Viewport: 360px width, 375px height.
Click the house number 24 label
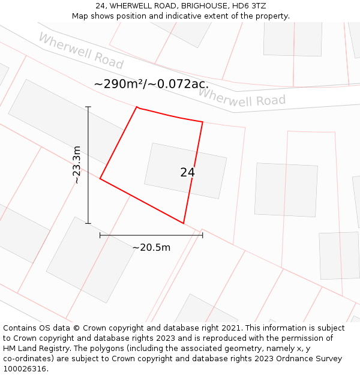coord(187,172)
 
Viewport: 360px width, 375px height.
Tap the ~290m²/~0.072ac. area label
coord(151,84)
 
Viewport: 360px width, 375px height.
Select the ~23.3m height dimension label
coord(76,165)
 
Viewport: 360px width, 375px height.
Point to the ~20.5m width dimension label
coord(151,247)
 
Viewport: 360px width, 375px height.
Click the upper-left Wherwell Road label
coord(80,51)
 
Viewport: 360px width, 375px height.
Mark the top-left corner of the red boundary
coord(137,107)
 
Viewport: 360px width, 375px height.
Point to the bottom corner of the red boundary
coord(183,223)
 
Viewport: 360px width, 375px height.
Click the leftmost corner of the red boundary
coord(100,179)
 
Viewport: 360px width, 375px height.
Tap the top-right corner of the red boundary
coord(202,122)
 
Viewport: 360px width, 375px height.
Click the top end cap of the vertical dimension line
coord(88,107)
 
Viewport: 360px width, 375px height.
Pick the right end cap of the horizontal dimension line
coord(203,235)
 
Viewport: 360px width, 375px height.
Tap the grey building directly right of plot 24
coord(286,190)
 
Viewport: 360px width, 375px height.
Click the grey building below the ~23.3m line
coord(90,259)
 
